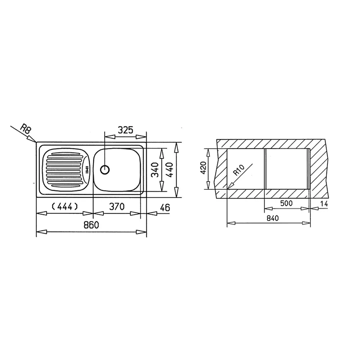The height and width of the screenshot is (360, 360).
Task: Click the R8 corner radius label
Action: (x=25, y=129)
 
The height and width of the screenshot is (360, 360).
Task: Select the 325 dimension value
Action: (x=125, y=130)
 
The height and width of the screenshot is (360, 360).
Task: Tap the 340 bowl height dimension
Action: (x=155, y=170)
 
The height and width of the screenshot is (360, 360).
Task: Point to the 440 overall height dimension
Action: (x=170, y=170)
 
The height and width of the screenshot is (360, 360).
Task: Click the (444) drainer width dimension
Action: (x=65, y=207)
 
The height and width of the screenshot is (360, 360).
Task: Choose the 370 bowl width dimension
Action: (x=117, y=207)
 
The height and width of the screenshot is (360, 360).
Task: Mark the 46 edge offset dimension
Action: (x=165, y=208)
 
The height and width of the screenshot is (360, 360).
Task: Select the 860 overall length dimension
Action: (x=91, y=225)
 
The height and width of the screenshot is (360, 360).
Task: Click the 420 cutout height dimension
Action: (x=203, y=167)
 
